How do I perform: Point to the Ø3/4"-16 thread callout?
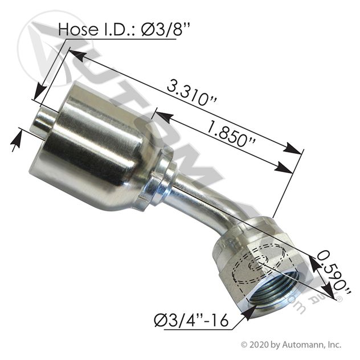tap(191, 320)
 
